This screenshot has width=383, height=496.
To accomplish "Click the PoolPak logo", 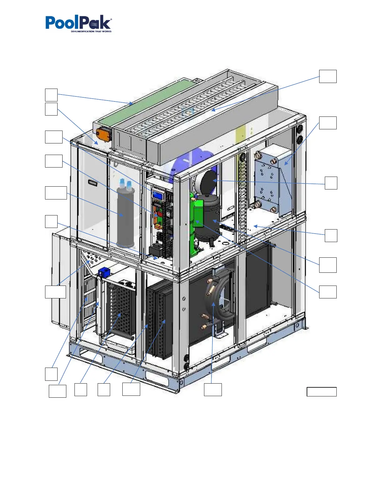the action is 79,23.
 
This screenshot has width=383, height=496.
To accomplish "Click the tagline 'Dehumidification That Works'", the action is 91,31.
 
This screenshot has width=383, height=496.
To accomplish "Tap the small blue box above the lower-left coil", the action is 104,271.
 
